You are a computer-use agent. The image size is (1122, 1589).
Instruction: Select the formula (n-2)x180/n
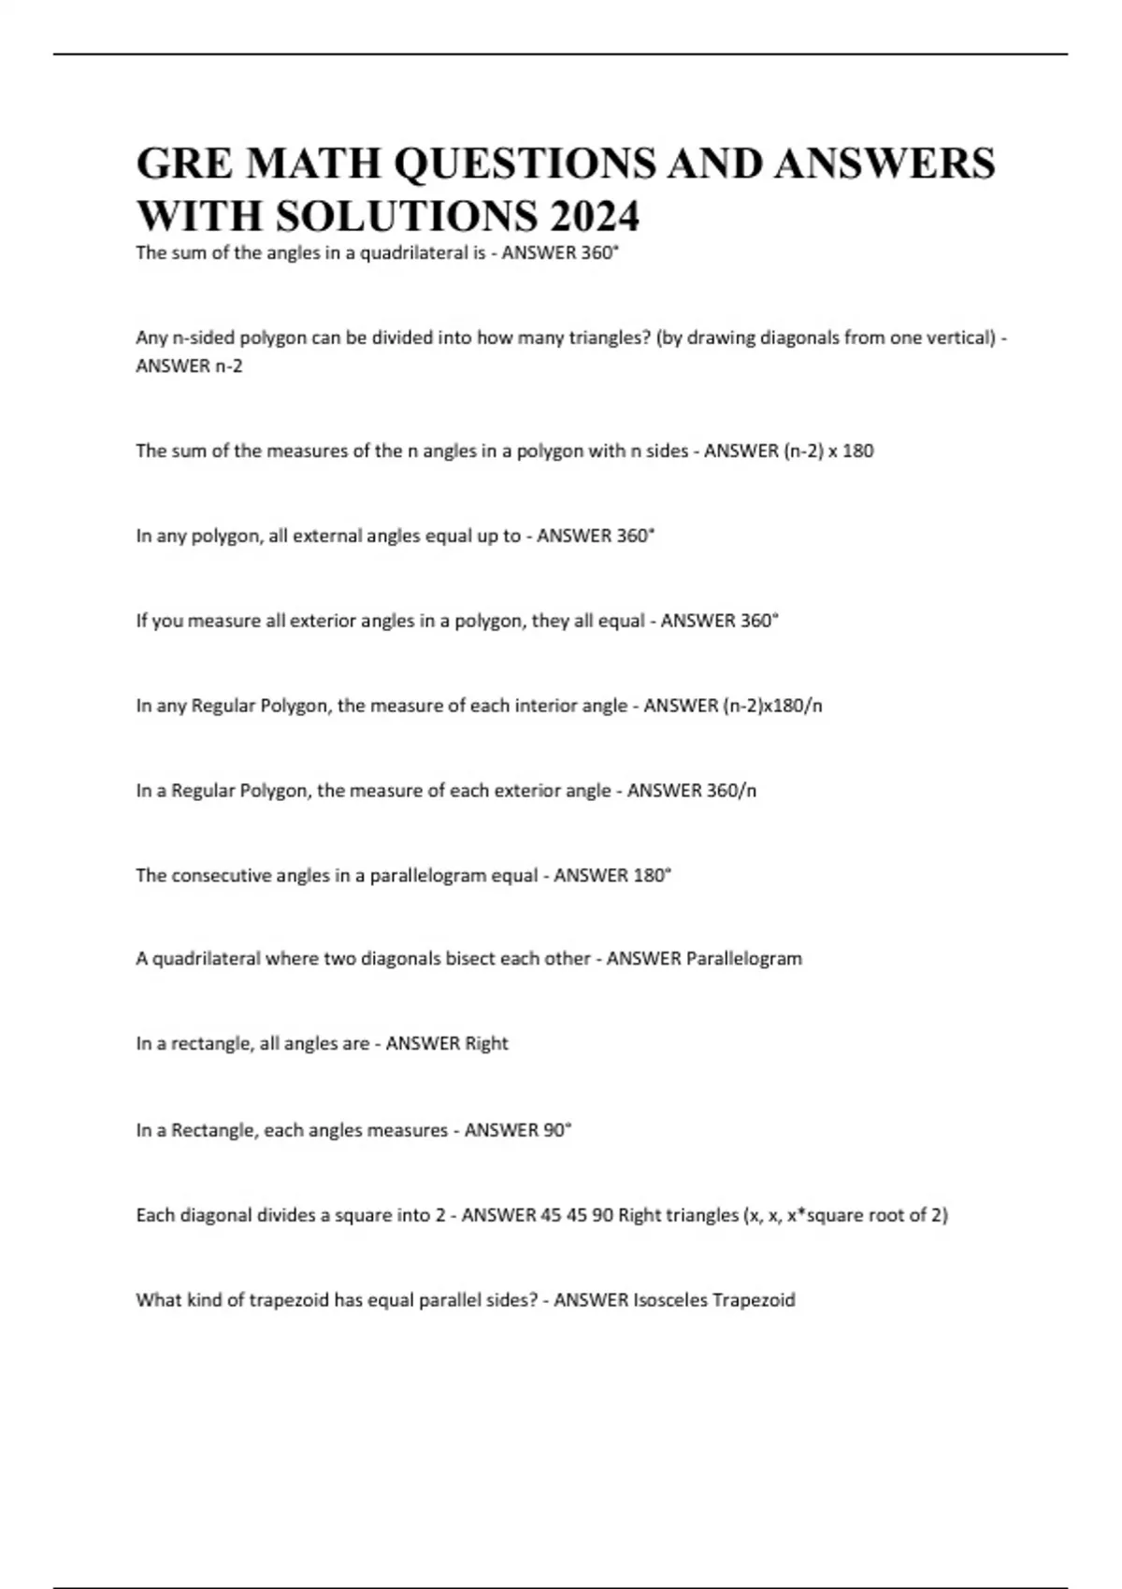[773, 706]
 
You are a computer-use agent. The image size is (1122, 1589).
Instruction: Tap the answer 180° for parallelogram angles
[654, 876]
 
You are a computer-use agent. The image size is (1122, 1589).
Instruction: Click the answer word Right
[486, 1044]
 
